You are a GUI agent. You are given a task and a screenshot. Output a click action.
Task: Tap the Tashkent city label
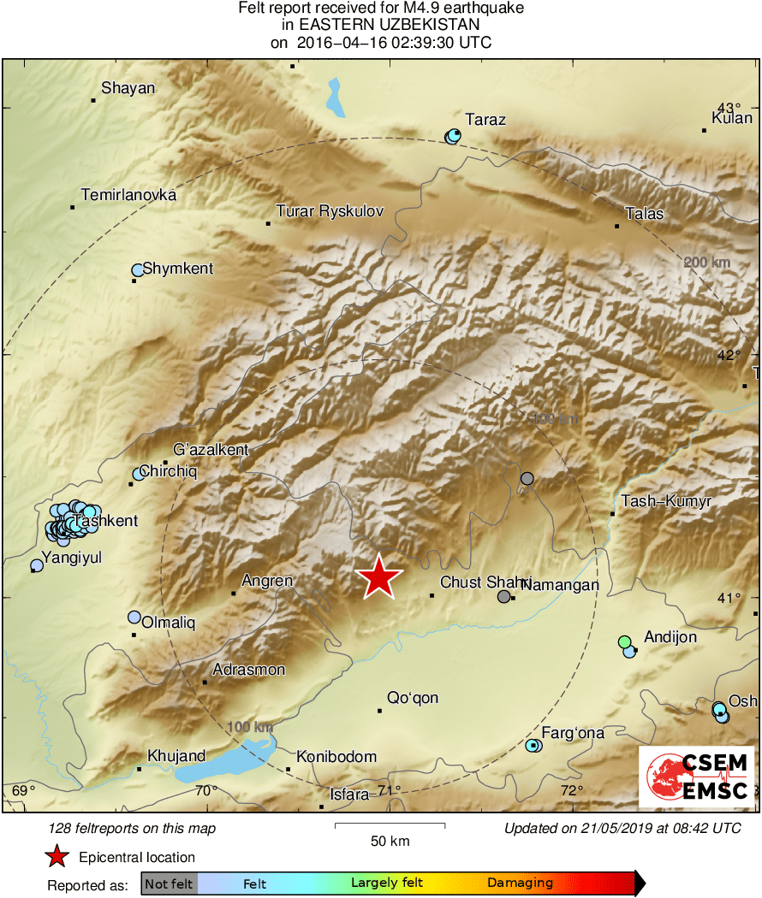click(106, 521)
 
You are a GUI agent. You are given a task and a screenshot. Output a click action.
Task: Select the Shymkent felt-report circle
click(137, 270)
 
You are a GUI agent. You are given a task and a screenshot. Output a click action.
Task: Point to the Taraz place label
click(485, 120)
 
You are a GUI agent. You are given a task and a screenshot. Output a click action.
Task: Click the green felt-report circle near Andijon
click(625, 641)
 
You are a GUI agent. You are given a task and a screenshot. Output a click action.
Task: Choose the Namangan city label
click(560, 585)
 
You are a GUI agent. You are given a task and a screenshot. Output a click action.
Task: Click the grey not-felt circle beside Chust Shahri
click(504, 597)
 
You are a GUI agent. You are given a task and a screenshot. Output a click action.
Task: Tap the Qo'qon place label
click(413, 698)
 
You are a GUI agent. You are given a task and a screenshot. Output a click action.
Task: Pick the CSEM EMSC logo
click(697, 777)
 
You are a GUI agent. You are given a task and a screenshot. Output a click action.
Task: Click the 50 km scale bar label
click(390, 841)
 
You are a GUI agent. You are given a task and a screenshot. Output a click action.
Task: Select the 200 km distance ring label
click(707, 262)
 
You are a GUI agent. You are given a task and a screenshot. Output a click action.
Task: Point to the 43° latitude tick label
click(729, 108)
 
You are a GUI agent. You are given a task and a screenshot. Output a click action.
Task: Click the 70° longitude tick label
click(206, 790)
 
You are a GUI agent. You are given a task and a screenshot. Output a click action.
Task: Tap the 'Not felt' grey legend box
click(169, 883)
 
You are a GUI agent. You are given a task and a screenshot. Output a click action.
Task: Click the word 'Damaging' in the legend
click(521, 883)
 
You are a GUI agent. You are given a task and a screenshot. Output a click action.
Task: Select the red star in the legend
click(57, 857)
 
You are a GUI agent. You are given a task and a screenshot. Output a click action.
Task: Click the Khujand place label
click(176, 756)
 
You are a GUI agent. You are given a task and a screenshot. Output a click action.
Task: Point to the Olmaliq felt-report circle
click(134, 617)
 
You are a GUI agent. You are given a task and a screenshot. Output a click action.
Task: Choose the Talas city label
click(645, 214)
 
